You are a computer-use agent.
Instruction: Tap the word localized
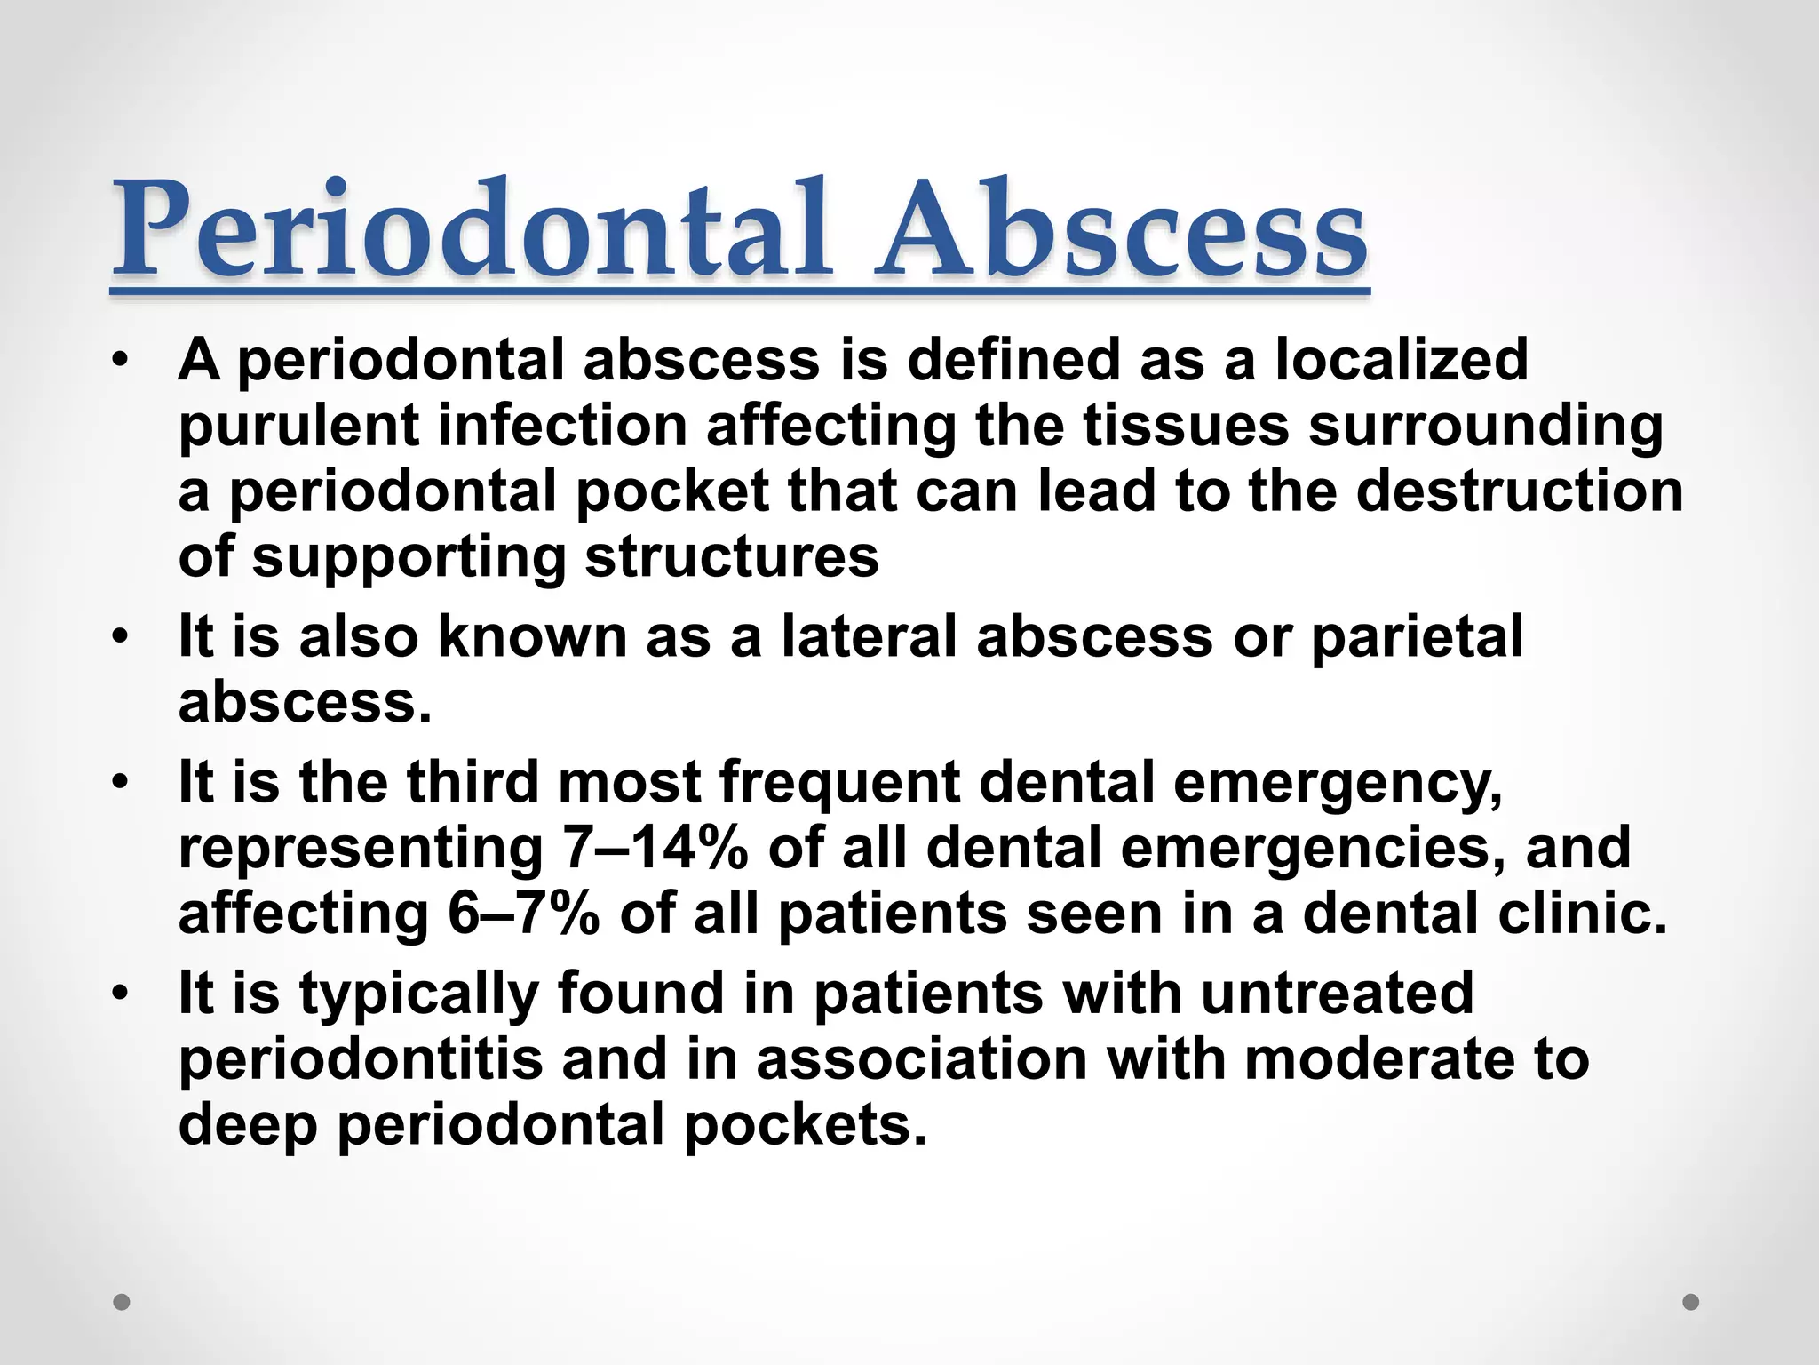pyautogui.click(x=1402, y=360)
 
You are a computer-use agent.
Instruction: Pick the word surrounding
pyautogui.click(x=1485, y=427)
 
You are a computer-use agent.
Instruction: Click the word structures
pyautogui.click(x=732, y=557)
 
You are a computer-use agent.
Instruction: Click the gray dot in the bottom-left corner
pyautogui.click(x=123, y=1302)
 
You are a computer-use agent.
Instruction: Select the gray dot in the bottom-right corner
pyautogui.click(x=1691, y=1302)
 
